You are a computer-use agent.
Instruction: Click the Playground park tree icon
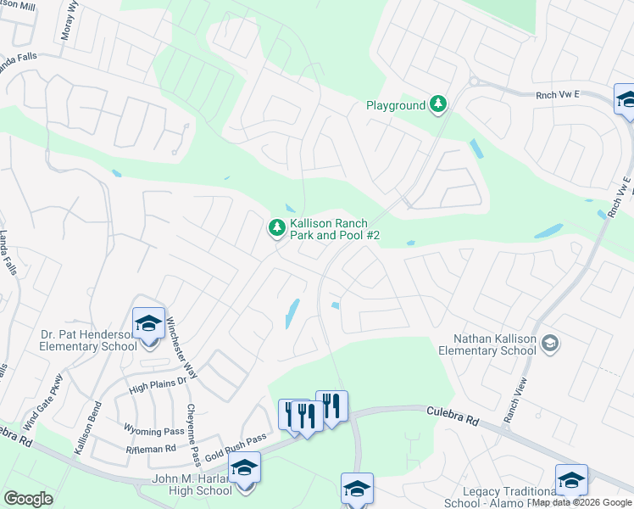pyautogui.click(x=438, y=105)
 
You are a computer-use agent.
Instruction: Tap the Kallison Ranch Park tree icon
pyautogui.click(x=276, y=227)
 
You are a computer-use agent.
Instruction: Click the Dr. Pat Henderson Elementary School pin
pyautogui.click(x=148, y=324)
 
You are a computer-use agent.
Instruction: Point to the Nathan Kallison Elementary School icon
pyautogui.click(x=549, y=343)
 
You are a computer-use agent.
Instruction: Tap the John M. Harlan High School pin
pyautogui.click(x=245, y=469)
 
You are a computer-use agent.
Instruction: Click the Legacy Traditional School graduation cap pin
pyautogui.click(x=571, y=480)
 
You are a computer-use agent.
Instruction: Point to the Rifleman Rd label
pyautogui.click(x=150, y=448)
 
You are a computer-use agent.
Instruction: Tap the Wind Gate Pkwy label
pyautogui.click(x=43, y=401)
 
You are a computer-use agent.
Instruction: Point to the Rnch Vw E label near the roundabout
pyautogui.click(x=555, y=96)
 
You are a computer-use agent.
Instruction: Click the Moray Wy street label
pyautogui.click(x=73, y=25)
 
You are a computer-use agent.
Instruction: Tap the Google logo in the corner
pyautogui.click(x=28, y=499)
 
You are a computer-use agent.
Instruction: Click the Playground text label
pyautogui.click(x=395, y=106)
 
